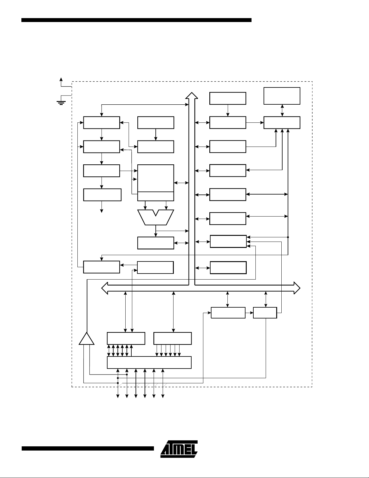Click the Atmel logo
179,449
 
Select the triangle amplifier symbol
86,339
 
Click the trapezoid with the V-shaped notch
155,217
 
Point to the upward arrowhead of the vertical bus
192,95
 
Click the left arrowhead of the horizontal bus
105,288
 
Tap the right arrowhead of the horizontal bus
297,288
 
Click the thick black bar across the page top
136,20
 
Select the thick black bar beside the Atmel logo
88,448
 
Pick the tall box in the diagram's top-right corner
282,96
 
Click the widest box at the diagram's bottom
149,362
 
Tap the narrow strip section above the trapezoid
155,196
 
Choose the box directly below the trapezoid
155,243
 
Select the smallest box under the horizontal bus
265,312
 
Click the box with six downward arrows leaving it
172,338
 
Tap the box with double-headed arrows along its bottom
126,338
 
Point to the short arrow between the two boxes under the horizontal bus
249,312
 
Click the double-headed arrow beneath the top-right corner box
282,111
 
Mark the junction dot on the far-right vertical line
288,237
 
